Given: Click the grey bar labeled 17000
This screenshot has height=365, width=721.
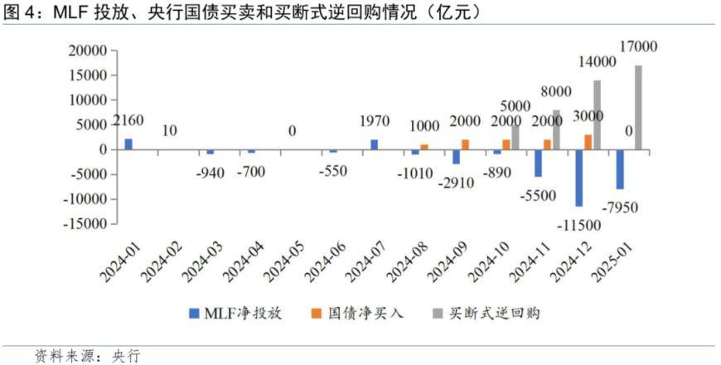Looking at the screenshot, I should click(638, 107).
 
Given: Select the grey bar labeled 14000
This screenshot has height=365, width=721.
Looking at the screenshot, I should click(598, 114).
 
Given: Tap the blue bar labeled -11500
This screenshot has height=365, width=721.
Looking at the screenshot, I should click(578, 178).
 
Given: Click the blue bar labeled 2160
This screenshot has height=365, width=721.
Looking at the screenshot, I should click(128, 144).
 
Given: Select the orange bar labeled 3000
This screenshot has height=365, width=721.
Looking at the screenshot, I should click(588, 142).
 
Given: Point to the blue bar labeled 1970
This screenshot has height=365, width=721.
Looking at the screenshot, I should click(374, 144).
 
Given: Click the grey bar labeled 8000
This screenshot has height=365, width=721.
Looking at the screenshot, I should click(556, 129).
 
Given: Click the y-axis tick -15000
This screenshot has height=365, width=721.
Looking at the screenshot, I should click(85, 224).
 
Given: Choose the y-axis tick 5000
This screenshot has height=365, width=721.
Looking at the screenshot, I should click(91, 125).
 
